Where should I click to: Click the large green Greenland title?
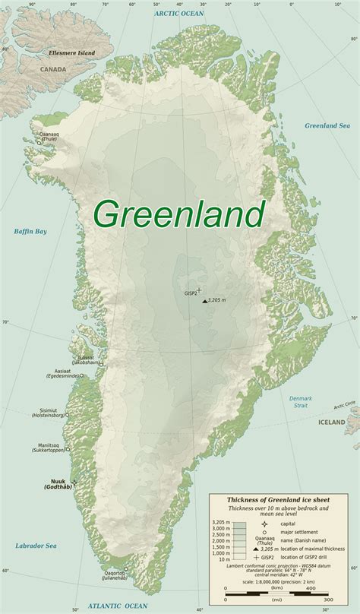[179, 214]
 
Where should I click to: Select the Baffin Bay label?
[30, 231]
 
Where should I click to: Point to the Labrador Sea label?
[36, 546]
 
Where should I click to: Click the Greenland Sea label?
[326, 125]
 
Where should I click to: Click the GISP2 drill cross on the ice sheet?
[200, 289]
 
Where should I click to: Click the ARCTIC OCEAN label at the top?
[180, 13]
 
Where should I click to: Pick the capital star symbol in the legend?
[264, 524]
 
